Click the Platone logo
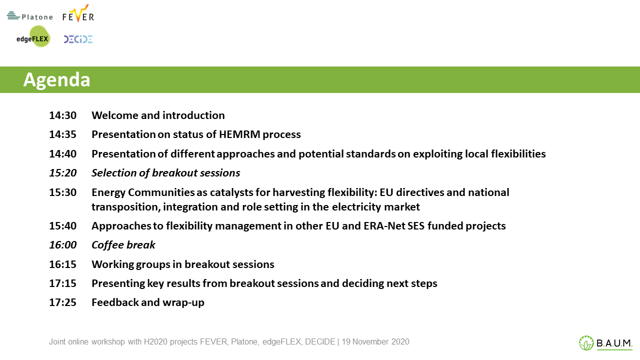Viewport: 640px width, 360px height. point(30,16)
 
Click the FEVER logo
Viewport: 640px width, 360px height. point(78,13)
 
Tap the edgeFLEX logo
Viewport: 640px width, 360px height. point(33,36)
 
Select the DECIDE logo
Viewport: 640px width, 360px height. point(78,39)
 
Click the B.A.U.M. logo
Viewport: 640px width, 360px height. point(605,342)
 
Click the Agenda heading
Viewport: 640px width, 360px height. point(56,79)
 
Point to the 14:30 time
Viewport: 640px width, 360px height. point(63,115)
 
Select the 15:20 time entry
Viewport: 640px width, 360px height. point(63,173)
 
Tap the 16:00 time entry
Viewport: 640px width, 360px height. point(63,245)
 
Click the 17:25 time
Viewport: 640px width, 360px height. point(63,302)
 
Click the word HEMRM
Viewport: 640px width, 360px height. point(239,134)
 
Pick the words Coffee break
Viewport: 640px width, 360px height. point(123,245)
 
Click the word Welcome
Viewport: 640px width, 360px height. point(115,115)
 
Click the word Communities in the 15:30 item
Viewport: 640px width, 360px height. point(161,192)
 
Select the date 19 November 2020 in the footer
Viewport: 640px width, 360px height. point(375,341)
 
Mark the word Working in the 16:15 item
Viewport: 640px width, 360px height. point(112,265)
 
